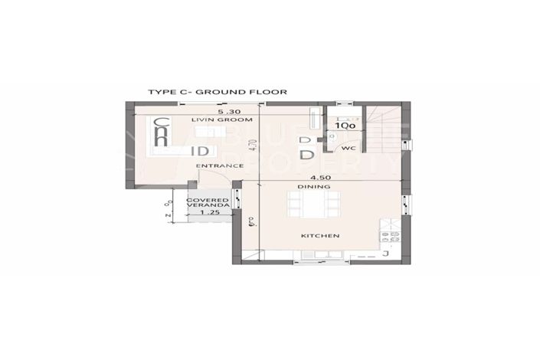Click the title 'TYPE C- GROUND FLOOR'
point(217,92)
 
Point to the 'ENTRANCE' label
point(214,165)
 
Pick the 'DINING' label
point(316,187)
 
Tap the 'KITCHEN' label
point(319,235)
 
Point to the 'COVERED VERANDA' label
point(208,203)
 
